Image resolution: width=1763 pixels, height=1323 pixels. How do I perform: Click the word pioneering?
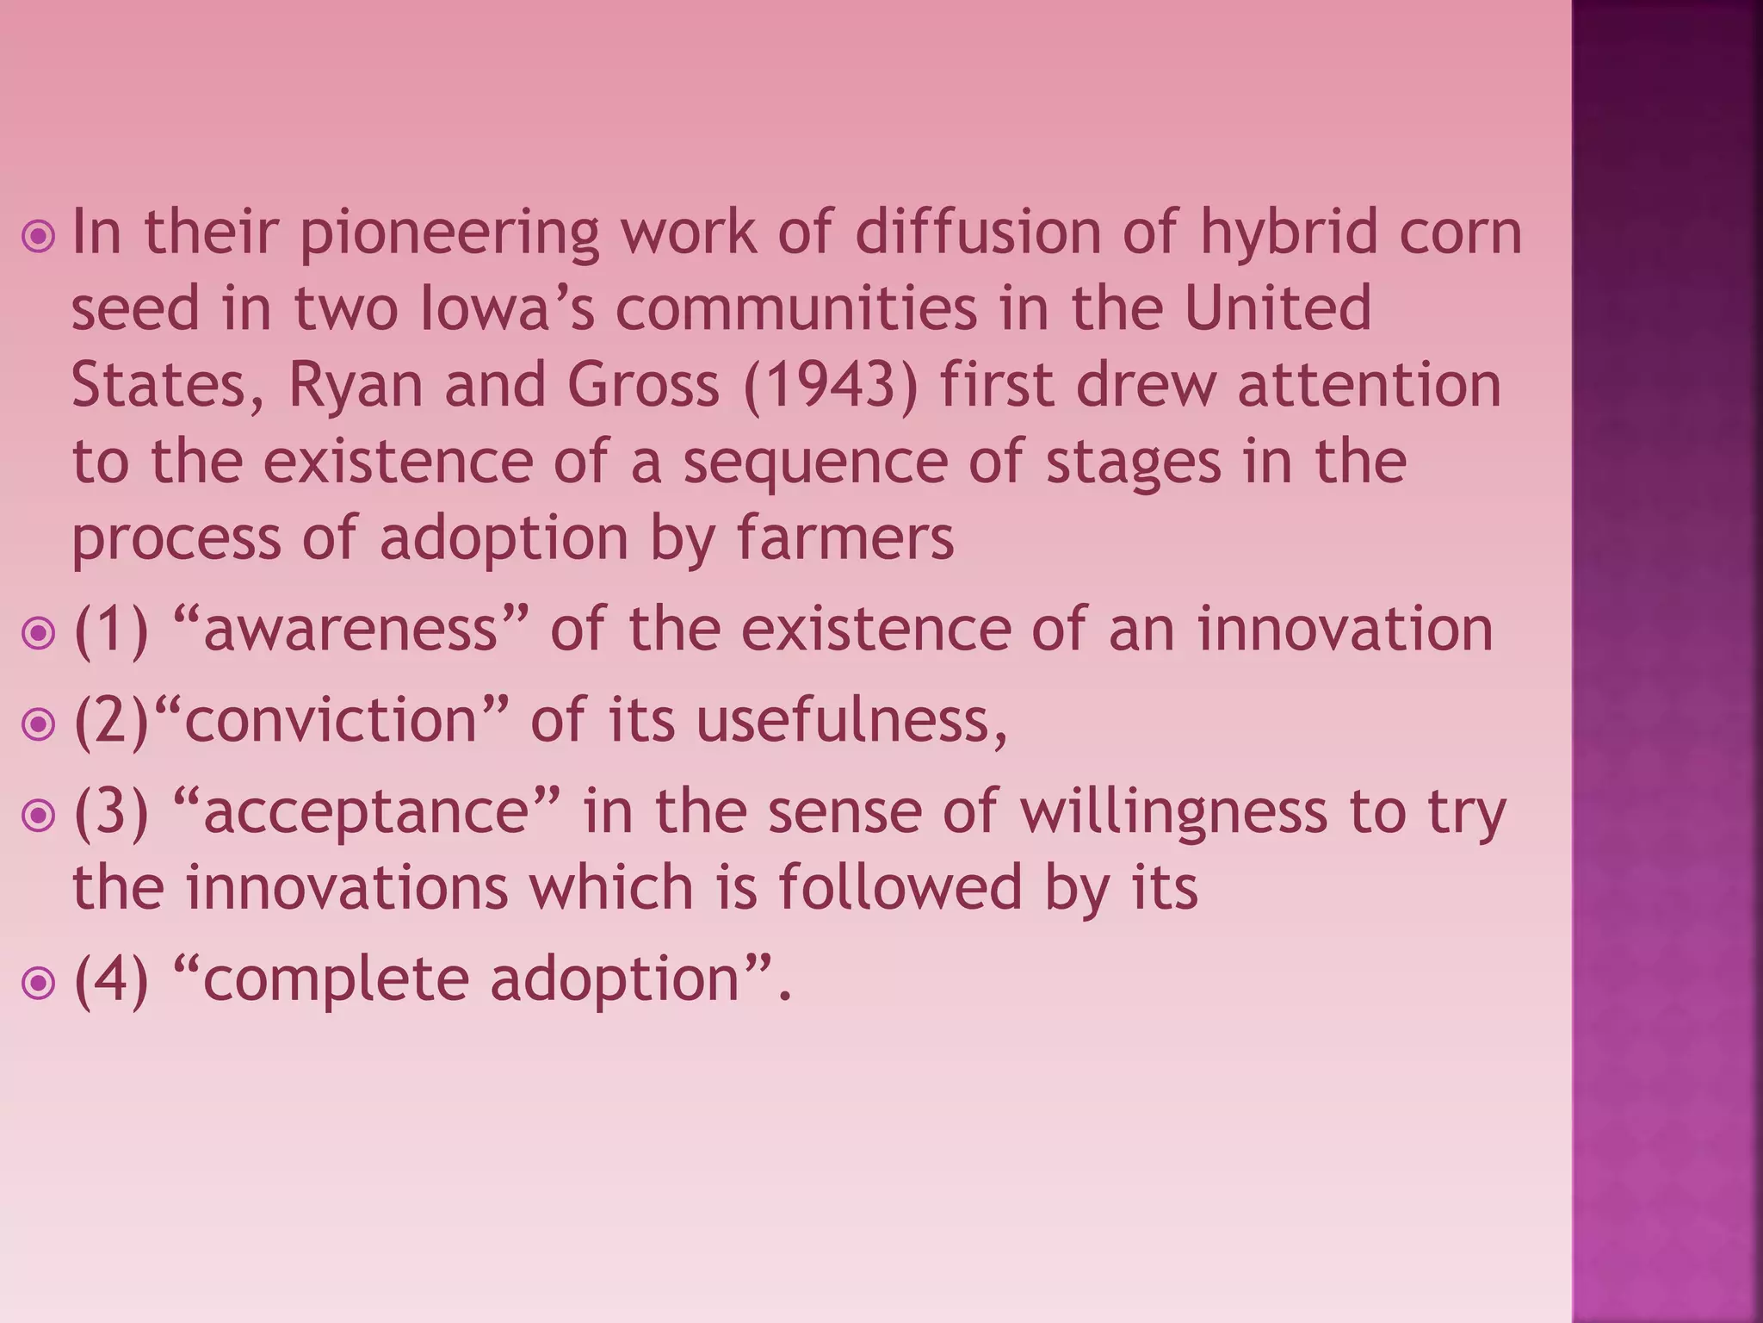tap(448, 233)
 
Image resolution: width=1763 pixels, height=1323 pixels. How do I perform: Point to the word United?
tap(1277, 308)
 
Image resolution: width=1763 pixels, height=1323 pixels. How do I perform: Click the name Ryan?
tap(356, 384)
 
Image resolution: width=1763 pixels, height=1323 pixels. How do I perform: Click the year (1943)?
tap(831, 384)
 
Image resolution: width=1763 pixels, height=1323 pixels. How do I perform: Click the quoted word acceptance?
tap(366, 811)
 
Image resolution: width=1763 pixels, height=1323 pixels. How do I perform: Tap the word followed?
tap(900, 887)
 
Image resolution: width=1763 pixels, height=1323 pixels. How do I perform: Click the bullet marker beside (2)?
tap(39, 724)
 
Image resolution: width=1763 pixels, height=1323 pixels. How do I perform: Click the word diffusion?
tap(978, 233)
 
